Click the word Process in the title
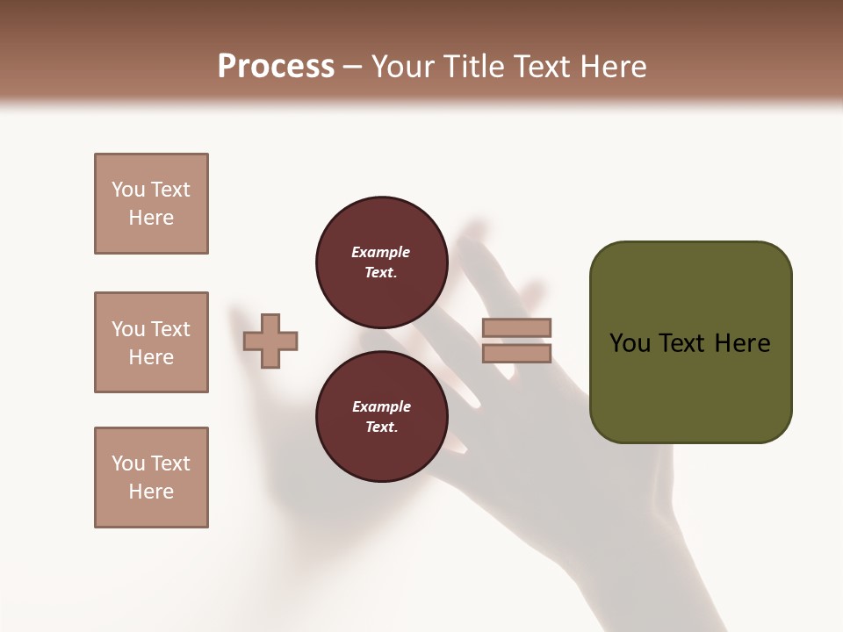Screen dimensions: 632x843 pos(276,67)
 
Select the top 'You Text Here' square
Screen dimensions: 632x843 pos(151,204)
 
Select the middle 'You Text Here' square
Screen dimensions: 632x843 pos(151,342)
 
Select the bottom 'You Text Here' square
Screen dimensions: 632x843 pos(151,478)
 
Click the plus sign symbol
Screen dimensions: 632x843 pos(270,341)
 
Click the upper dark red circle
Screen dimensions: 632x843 pos(381,262)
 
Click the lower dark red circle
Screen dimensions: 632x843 pos(381,417)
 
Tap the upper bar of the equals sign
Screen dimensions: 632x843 pos(517,328)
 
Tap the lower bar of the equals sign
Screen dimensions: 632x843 pos(517,353)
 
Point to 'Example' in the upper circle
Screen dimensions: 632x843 pos(381,252)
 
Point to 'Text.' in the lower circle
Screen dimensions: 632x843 pos(381,427)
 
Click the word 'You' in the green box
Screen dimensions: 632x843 pos(630,343)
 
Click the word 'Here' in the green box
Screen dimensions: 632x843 pos(742,343)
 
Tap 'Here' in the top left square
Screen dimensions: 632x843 pos(151,218)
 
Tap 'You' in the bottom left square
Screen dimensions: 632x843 pos(128,463)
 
